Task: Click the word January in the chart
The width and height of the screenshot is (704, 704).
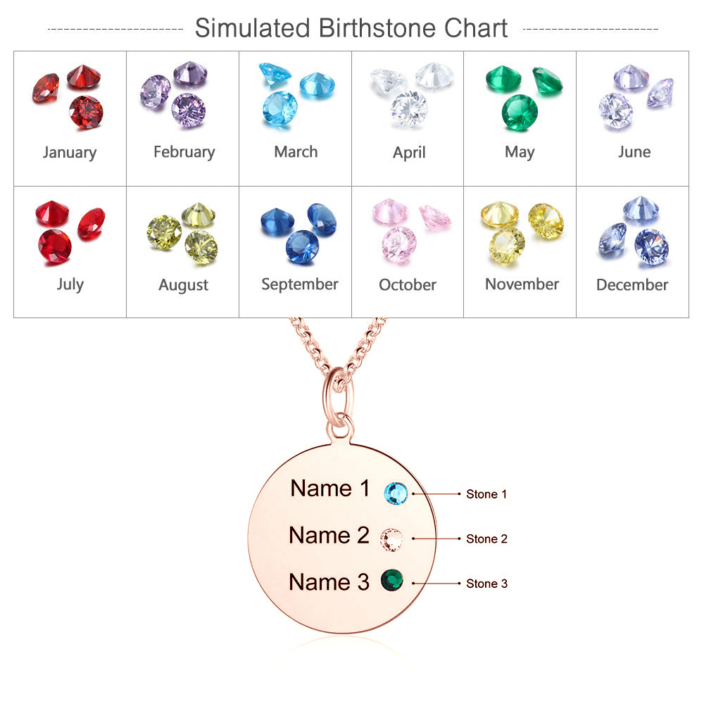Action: tap(70, 152)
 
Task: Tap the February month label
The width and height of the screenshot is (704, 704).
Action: tap(184, 152)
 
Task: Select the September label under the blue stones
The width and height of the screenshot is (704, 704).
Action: tap(300, 284)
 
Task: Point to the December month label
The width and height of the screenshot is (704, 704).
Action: tap(632, 285)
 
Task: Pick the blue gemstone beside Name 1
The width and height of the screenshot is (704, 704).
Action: tap(396, 493)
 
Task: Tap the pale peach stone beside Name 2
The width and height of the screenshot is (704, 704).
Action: tap(391, 539)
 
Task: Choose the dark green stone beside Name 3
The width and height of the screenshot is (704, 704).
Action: tap(391, 581)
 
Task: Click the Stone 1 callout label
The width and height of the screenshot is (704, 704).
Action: tap(486, 494)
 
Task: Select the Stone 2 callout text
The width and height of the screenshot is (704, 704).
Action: tap(486, 539)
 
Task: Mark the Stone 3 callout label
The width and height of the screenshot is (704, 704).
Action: tap(486, 584)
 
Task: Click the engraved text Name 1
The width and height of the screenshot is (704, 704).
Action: tap(330, 489)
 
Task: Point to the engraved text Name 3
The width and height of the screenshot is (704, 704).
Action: tap(329, 582)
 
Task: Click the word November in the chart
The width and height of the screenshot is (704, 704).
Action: tap(522, 284)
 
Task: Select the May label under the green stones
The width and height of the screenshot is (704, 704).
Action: tap(520, 152)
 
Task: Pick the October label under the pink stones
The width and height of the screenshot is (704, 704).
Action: tap(408, 285)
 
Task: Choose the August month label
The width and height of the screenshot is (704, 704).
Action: tap(184, 285)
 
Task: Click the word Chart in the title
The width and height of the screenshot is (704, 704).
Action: tap(477, 28)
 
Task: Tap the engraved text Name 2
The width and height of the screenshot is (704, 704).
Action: tap(329, 536)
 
